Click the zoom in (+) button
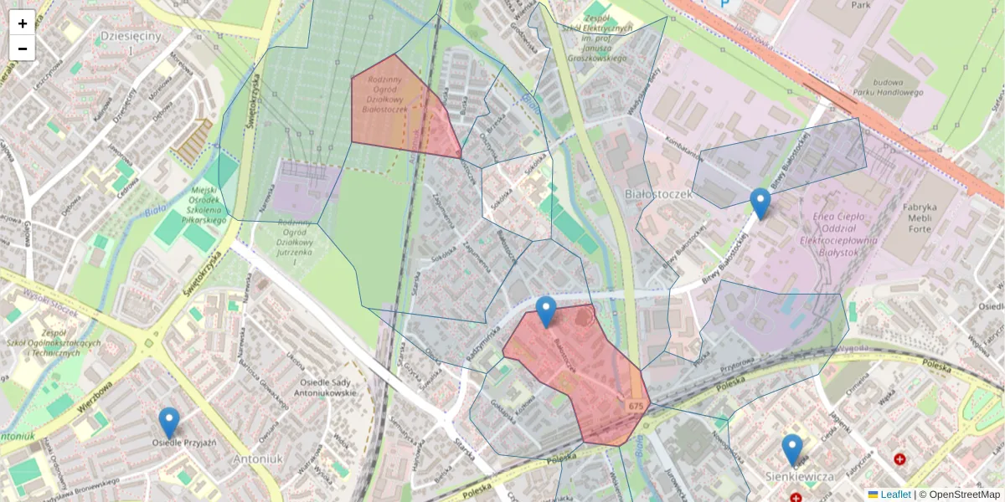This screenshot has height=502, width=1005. [23, 23]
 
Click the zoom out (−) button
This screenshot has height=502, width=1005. [23, 49]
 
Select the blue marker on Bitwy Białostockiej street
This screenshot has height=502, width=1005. [760, 203]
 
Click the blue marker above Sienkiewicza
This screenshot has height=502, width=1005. [791, 449]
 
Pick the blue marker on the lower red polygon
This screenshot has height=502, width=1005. [546, 311]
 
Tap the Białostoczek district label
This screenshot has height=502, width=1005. [659, 194]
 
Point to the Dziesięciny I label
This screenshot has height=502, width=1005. [130, 43]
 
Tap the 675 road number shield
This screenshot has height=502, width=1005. [636, 406]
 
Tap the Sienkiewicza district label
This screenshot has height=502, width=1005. [800, 476]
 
